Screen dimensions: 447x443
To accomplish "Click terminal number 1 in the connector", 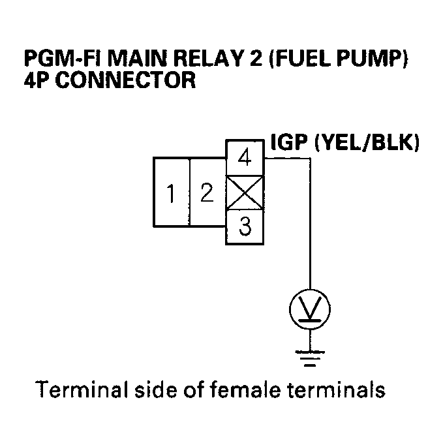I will point(171,193).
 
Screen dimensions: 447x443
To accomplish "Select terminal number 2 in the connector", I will point(207,193).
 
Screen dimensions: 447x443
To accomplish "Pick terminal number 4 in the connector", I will point(245,159).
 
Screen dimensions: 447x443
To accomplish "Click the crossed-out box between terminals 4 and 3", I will point(245,193).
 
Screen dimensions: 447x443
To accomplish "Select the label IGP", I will point(289,143).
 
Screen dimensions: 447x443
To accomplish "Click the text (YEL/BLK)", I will point(365,143).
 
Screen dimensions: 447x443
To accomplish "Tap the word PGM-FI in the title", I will point(57,60).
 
